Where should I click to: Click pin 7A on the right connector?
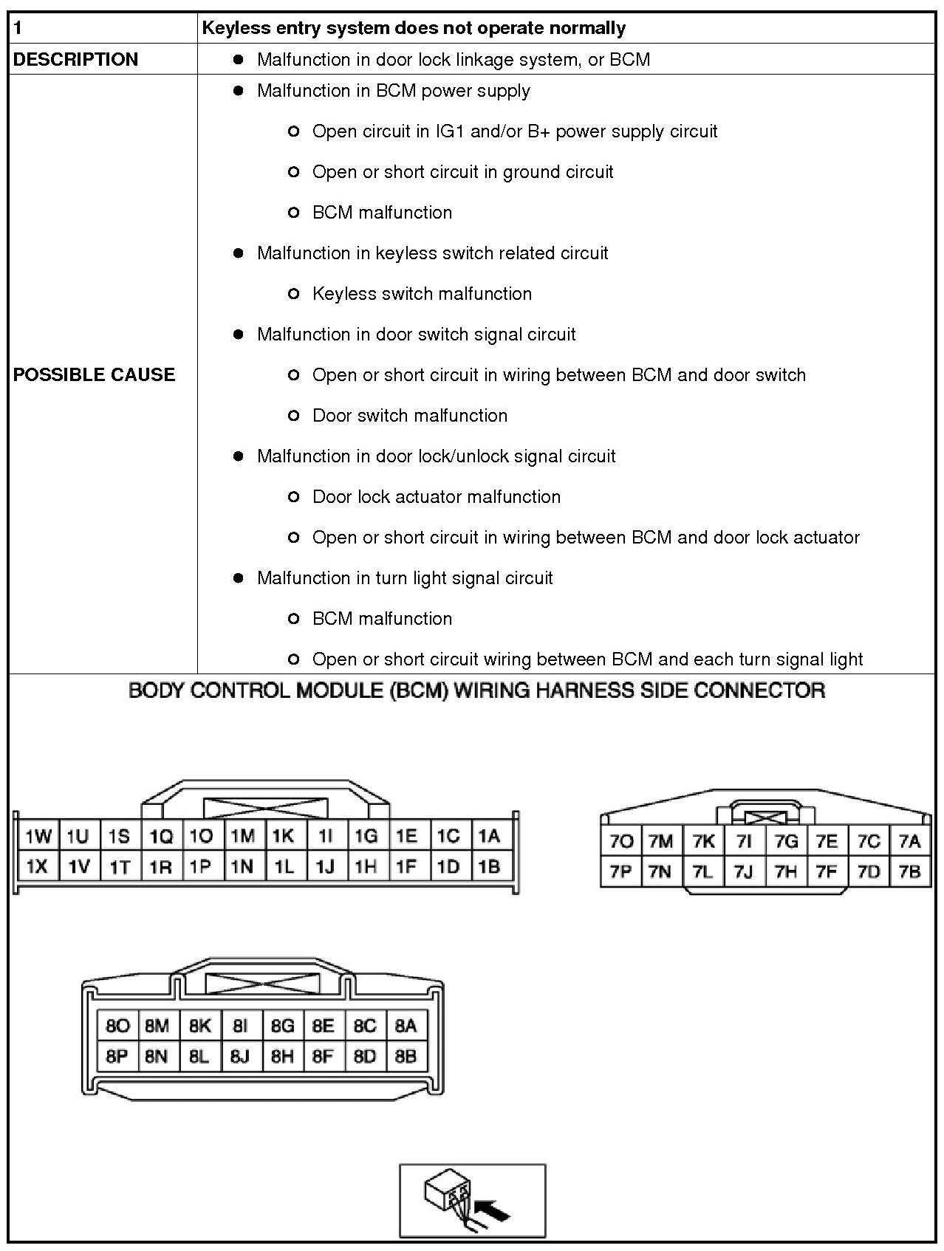click(910, 841)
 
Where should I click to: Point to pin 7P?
click(620, 871)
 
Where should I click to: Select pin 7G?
click(786, 841)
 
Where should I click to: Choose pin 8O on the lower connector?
click(117, 1025)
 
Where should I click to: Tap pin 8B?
click(406, 1056)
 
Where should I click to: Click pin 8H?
click(281, 1056)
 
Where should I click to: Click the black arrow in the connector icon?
click(493, 1211)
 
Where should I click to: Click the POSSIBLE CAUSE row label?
click(94, 374)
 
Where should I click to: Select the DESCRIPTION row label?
click(75, 59)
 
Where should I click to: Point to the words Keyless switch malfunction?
click(422, 293)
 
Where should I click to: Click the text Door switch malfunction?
click(410, 415)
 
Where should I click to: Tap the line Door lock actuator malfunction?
click(437, 496)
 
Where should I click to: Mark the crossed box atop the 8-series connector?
click(263, 984)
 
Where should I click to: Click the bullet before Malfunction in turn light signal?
click(238, 578)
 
